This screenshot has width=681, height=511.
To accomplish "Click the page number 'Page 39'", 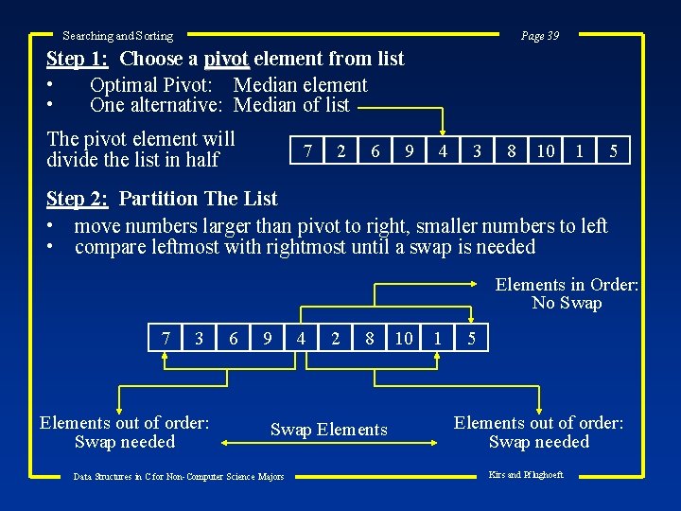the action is coord(540,36).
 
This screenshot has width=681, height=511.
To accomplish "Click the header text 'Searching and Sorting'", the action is coord(117,36).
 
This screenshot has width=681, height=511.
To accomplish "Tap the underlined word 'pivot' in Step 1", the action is coord(226,59).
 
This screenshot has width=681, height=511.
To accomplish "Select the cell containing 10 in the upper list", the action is coord(546,150).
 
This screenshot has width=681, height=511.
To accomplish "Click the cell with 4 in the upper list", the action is coord(443,150).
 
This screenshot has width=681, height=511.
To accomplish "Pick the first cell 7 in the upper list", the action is coord(306,150).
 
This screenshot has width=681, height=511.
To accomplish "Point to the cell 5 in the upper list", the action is coord(614,150).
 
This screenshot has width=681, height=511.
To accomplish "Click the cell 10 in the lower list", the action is coord(404,338).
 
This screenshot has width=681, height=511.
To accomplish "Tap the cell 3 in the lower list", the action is coord(200,338).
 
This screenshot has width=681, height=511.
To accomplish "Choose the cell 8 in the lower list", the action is coord(370,338).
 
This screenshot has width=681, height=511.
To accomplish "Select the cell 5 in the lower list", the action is coord(471,338).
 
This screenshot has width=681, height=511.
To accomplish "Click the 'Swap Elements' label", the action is coord(329,430).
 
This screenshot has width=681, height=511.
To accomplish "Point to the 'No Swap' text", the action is coord(567,303).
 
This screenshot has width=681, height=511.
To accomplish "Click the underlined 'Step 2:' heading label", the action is coord(79,199).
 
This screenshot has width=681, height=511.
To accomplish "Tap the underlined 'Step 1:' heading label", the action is coord(79,59).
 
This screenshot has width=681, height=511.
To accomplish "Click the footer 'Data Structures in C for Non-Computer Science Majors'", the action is coord(179,477).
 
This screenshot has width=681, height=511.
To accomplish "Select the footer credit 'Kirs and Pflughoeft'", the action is coord(525,475).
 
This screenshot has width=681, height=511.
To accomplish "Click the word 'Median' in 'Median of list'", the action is coord(265,105).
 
